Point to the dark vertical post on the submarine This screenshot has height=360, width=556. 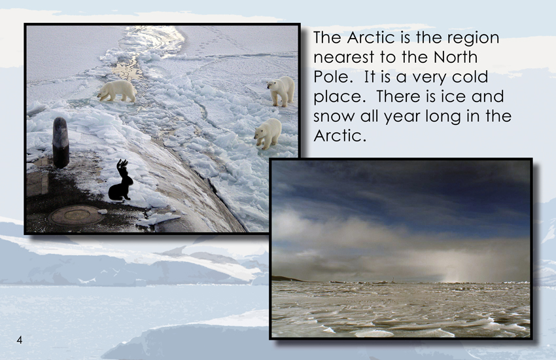click(61, 142)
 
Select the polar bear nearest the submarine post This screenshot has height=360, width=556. click(116, 91)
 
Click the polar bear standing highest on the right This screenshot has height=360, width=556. click(281, 91)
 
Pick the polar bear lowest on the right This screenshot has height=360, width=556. click(268, 134)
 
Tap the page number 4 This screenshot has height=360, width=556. click(20, 340)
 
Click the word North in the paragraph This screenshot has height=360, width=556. click(456, 57)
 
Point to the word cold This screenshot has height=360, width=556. click(470, 77)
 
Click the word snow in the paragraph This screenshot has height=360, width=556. click(334, 117)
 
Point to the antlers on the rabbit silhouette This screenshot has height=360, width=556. click(123, 164)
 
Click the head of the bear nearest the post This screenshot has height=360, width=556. click(103, 94)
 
